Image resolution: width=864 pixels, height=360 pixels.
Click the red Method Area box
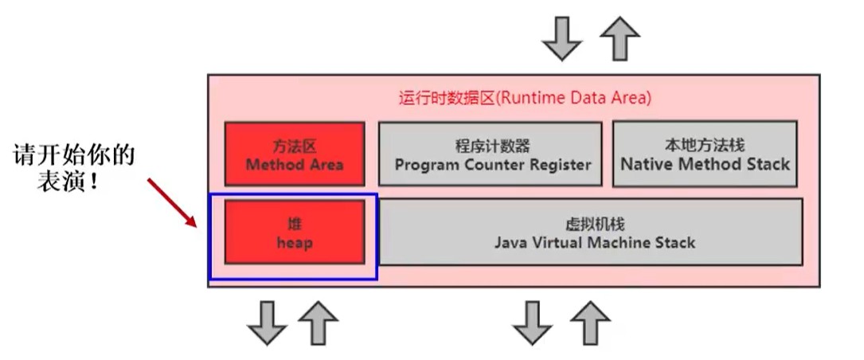pyautogui.click(x=295, y=154)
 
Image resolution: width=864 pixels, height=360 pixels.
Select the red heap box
pyautogui.click(x=295, y=232)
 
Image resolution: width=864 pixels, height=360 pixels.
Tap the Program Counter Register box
pyautogui.click(x=490, y=154)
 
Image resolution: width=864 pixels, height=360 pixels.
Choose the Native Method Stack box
pyautogui.click(x=705, y=154)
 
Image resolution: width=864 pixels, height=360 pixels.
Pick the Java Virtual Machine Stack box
pyautogui.click(x=591, y=232)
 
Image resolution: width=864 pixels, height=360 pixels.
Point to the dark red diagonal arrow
pyautogui.click(x=172, y=202)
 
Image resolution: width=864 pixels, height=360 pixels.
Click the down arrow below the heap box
pyautogui.click(x=268, y=323)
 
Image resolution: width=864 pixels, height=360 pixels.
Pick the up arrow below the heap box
pyautogui.click(x=318, y=323)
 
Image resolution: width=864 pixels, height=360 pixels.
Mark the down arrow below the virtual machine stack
pyautogui.click(x=532, y=323)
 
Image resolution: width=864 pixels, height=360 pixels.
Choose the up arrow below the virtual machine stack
pyautogui.click(x=590, y=323)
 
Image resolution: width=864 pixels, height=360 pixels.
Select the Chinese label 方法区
pyautogui.click(x=295, y=146)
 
